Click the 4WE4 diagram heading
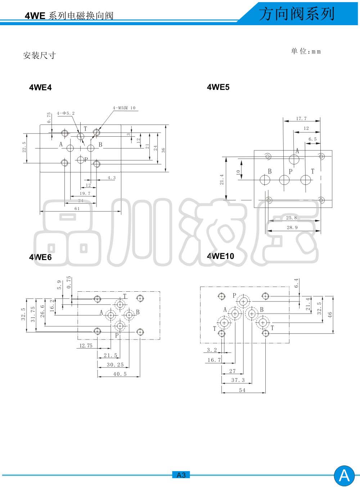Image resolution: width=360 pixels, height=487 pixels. [x=40, y=88]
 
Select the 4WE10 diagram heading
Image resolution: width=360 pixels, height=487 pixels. [x=220, y=256]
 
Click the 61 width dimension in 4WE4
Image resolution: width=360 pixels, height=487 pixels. [x=77, y=209]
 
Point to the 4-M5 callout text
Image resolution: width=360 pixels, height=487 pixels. [x=124, y=108]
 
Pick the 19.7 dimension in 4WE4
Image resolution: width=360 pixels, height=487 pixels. [x=85, y=194]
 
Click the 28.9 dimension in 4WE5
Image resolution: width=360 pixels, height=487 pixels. [x=292, y=227]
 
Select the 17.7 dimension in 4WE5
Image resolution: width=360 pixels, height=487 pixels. [x=301, y=119]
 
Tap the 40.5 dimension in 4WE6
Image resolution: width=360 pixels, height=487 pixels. [x=120, y=374]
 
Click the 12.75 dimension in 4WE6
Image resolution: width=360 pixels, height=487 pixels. [x=86, y=346]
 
